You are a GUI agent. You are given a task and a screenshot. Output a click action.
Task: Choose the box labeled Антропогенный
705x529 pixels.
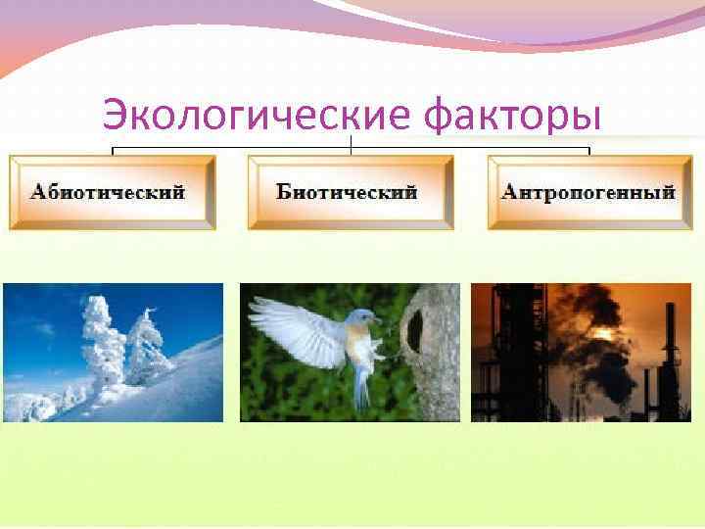click(588, 192)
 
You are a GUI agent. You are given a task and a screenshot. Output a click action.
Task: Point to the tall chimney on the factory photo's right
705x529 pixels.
click(671, 353)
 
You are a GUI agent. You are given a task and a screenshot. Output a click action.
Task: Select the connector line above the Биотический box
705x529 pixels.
click(351, 147)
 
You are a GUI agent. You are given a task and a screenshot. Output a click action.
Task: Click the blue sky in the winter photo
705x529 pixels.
click(49, 313)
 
